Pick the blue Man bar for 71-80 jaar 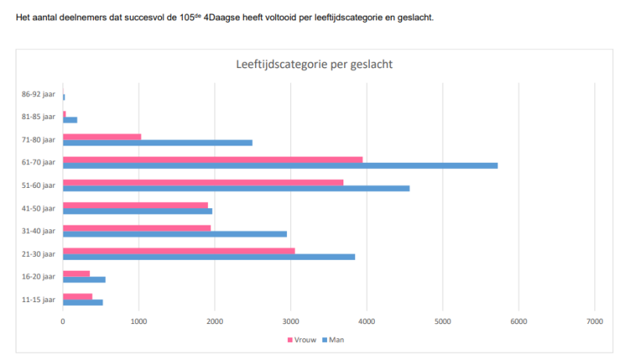pyautogui.click(x=157, y=142)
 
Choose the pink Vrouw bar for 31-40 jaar pyautogui.click(x=137, y=228)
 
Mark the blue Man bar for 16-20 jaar pyautogui.click(x=84, y=279)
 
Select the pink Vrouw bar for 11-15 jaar pyautogui.click(x=77, y=296)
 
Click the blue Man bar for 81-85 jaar pyautogui.click(x=70, y=120)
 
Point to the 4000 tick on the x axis pyautogui.click(x=366, y=322)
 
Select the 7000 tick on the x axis pyautogui.click(x=594, y=322)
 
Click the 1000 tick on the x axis pyautogui.click(x=138, y=322)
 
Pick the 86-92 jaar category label pyautogui.click(x=38, y=95)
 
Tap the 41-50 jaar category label pyautogui.click(x=38, y=208)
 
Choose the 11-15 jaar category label pyautogui.click(x=38, y=299)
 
